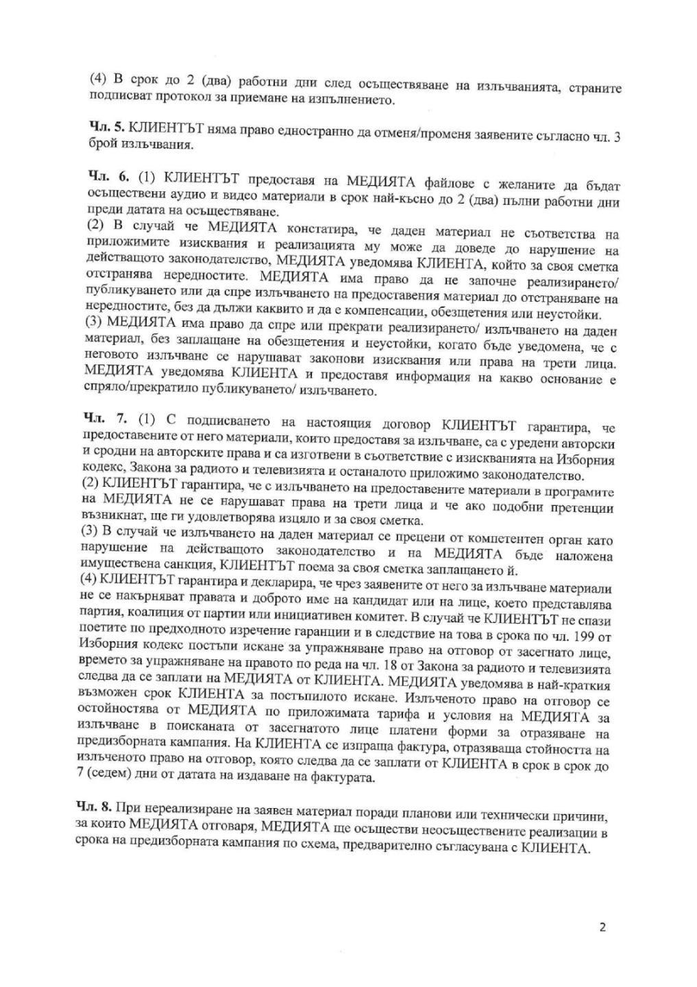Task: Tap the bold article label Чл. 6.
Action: pos(108,177)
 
